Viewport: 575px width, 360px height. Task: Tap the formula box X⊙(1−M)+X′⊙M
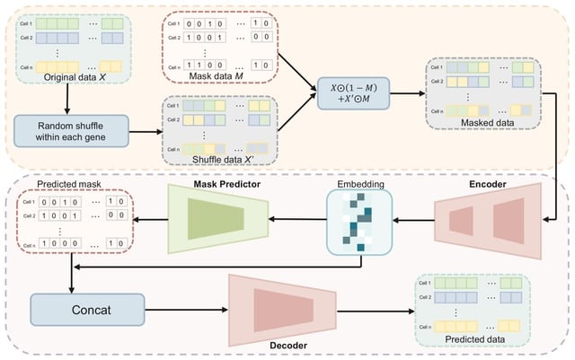tap(356, 93)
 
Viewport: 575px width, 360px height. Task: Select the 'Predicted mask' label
tap(67, 186)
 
